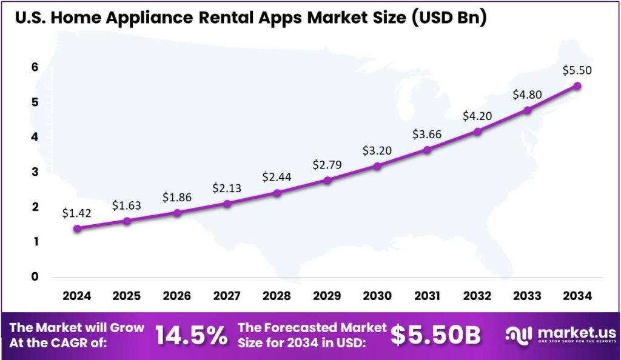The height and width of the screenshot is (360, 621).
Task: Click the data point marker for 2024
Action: [77, 228]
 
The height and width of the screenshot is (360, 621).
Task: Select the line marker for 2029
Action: [327, 180]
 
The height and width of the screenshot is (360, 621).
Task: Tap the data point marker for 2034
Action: [577, 85]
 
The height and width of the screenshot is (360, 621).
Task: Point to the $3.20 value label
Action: [377, 150]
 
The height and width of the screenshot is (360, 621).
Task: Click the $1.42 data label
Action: [76, 213]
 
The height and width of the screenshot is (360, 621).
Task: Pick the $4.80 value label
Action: [528, 95]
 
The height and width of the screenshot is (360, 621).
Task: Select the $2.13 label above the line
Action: [227, 188]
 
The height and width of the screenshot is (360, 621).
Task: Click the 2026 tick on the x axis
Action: [177, 296]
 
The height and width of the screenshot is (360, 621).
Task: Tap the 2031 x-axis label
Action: [427, 296]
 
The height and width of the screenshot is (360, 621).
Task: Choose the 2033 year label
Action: [528, 296]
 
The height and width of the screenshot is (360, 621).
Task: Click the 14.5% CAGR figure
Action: [191, 335]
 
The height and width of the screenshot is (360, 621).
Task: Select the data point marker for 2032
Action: [477, 131]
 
